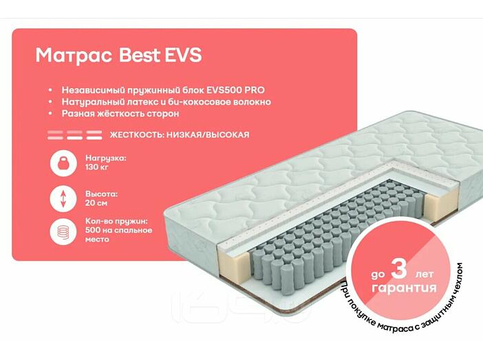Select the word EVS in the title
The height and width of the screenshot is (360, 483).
click(182, 55)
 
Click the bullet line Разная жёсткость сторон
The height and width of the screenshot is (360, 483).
click(120, 114)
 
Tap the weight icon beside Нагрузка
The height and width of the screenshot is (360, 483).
click(63, 164)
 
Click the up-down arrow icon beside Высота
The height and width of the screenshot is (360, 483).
click(63, 198)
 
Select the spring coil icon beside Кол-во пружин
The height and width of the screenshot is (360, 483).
click(63, 232)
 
